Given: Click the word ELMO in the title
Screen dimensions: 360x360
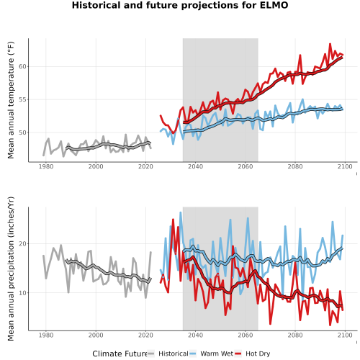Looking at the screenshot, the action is (274, 5).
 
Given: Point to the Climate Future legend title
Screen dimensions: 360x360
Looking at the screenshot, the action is (120, 354).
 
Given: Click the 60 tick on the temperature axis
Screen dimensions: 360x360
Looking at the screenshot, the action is (22, 66).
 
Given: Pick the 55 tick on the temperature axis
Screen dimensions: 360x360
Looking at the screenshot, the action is (22, 99).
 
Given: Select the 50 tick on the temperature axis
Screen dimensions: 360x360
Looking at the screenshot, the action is (22, 132).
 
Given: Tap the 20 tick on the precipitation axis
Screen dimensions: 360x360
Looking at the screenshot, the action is (22, 244).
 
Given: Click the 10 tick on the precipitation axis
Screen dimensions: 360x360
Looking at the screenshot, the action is (22, 293).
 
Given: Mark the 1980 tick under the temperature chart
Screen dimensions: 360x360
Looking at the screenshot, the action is (46, 166).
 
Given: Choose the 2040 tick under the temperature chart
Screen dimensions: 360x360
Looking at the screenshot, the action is (195, 166).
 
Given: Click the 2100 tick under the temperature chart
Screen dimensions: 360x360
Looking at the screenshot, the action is (345, 166).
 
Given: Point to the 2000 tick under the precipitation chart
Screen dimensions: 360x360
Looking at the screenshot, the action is (96, 335).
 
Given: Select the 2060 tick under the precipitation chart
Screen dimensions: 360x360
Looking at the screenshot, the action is (246, 335).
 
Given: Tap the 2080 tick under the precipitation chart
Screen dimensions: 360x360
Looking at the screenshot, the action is (295, 335).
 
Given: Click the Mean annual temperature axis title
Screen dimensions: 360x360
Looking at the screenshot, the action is (11, 100).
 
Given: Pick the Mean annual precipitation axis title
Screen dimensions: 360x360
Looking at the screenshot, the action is (11, 269).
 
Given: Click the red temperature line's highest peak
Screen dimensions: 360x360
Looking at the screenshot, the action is (330, 44).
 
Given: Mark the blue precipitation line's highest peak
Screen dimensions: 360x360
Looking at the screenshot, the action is (181, 212).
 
